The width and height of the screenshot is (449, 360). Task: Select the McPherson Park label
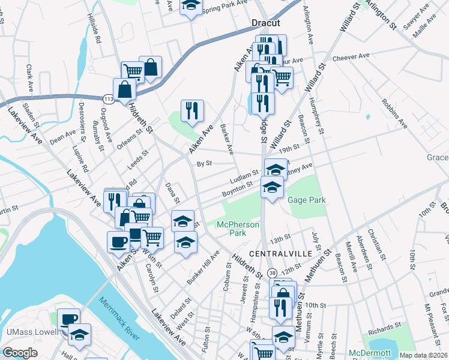pyautogui.click(x=238, y=229)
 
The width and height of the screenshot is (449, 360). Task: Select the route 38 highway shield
pyautogui.click(x=272, y=272)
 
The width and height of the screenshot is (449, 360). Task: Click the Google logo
pyautogui.click(x=20, y=353)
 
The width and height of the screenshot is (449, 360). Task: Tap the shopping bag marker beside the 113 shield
pyautogui.click(x=124, y=90)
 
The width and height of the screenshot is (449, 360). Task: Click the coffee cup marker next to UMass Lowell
pyautogui.click(x=68, y=319)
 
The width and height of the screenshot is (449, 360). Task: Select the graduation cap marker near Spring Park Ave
pyautogui.click(x=191, y=6)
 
